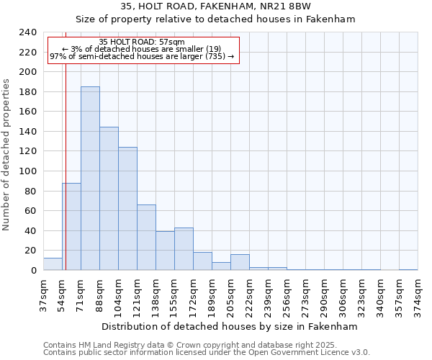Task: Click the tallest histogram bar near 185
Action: click(x=90, y=179)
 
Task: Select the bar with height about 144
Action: click(x=109, y=199)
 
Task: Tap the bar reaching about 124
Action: click(x=127, y=209)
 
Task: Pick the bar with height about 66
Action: click(x=146, y=238)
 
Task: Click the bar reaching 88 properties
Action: click(x=71, y=227)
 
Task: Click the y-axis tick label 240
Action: click(x=28, y=32)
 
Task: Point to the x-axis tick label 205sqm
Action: click(x=230, y=294)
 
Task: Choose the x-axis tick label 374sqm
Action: click(x=418, y=294)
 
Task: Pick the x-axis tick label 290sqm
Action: click(x=324, y=294)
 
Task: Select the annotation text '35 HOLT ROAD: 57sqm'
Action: click(x=142, y=42)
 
